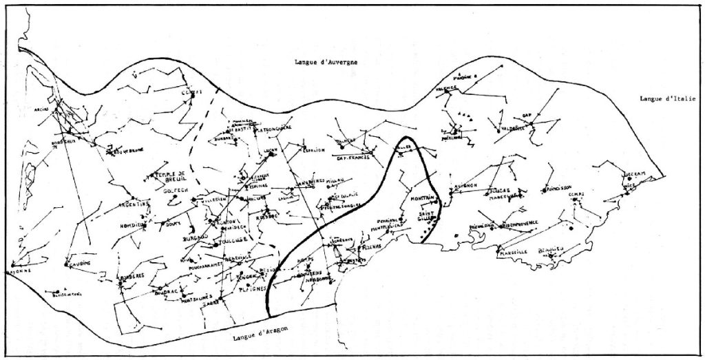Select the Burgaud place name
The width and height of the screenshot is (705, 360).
[x=194, y=237]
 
